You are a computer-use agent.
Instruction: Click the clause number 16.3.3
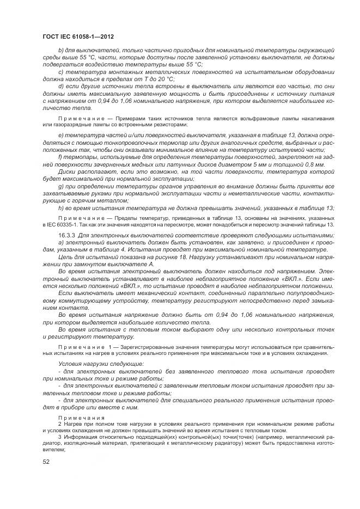pos(67,235)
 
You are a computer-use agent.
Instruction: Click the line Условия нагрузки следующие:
pos(94,363)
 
